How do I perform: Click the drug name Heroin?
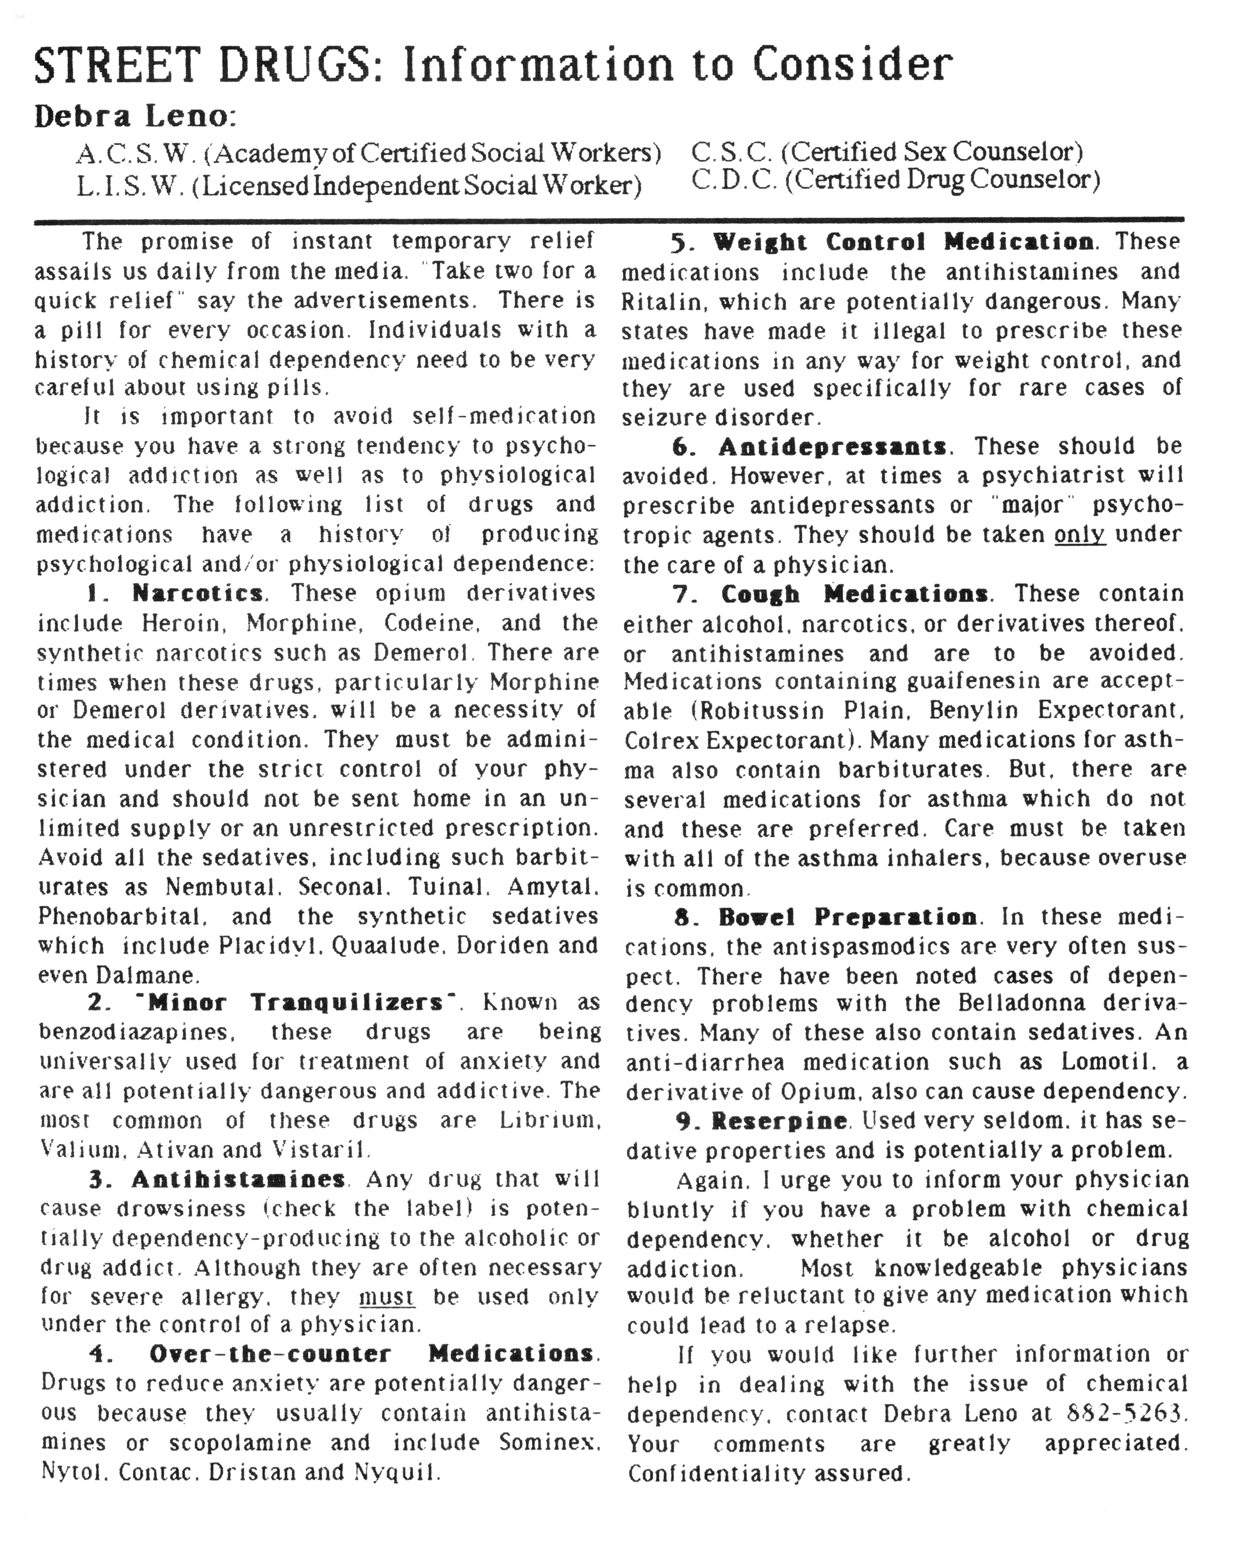click(180, 623)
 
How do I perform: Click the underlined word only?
click(1080, 535)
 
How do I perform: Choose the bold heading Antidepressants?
click(832, 447)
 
